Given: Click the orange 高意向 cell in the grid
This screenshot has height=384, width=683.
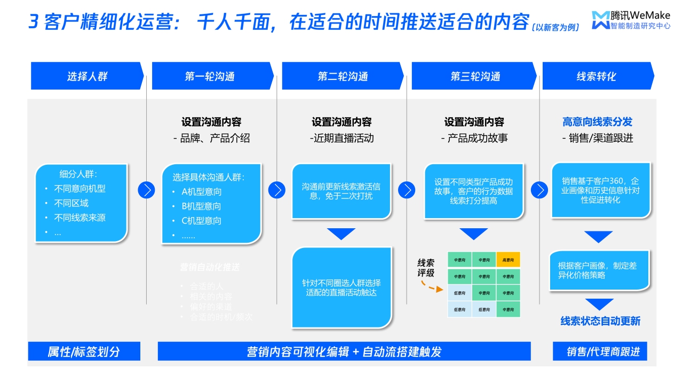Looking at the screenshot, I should [508, 260].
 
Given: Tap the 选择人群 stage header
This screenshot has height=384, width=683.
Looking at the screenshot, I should [87, 76].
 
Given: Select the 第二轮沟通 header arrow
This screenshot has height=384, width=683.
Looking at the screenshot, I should [343, 76].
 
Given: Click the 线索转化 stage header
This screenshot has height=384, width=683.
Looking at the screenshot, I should [597, 76].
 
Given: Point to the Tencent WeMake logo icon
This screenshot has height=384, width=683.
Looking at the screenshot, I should [600, 20].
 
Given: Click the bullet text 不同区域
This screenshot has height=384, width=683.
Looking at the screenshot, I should [72, 203].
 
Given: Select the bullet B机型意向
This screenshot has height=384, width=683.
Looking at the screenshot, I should [201, 206].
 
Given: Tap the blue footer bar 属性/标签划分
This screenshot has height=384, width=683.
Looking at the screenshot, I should [84, 351].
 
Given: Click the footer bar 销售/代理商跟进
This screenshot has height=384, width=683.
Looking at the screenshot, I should [600, 351].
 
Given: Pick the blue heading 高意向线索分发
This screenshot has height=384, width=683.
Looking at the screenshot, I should [597, 122].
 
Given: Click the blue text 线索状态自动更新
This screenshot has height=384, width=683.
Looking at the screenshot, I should [600, 321].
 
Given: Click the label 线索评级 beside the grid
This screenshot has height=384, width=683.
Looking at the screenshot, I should [426, 268].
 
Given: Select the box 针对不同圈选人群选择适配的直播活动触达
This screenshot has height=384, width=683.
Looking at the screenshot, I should [341, 287].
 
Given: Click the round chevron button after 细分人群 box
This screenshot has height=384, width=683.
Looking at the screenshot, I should [146, 190].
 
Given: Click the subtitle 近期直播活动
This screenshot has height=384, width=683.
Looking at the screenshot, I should [342, 139].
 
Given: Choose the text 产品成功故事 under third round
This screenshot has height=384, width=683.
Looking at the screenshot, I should [474, 139].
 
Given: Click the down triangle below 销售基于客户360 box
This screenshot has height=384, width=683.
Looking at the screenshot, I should [598, 236].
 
